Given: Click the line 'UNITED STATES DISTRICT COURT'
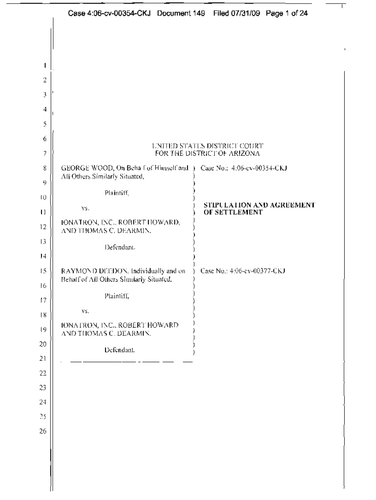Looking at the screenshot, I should pos(208,146).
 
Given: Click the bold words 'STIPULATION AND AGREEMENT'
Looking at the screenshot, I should pos(259,205).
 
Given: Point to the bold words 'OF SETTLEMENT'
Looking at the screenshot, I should pos(233,212).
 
